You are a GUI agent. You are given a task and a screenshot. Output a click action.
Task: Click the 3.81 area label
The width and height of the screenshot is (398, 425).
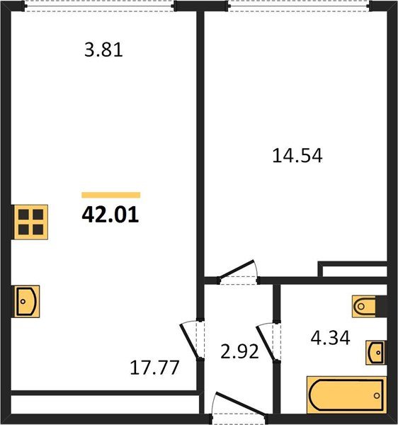103,50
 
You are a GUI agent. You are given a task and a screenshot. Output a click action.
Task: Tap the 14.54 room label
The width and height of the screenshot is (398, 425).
297,156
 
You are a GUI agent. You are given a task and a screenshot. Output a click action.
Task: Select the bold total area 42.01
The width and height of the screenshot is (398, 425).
110,215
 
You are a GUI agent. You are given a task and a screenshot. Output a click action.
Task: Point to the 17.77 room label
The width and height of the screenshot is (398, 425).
154,368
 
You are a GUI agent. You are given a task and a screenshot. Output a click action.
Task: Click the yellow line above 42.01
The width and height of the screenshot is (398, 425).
110,195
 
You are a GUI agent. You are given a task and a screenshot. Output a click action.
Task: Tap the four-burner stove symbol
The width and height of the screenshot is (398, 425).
30,221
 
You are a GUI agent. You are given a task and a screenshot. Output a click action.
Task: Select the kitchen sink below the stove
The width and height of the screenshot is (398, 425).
26,302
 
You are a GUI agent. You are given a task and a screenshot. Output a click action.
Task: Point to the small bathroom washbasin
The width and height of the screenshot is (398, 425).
376,351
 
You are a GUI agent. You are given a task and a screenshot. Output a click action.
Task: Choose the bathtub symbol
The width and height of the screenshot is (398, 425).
346,394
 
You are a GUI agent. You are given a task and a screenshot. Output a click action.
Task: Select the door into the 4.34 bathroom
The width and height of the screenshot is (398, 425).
268,341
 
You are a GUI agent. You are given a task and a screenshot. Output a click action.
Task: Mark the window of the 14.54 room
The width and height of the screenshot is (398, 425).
298,6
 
